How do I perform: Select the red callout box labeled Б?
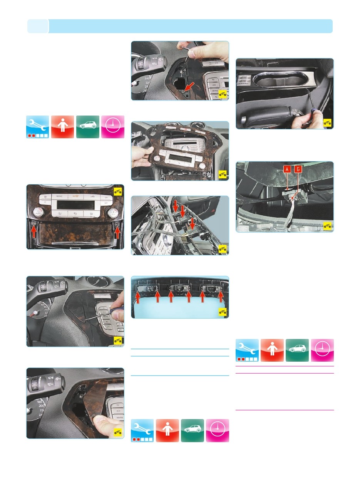(298, 169)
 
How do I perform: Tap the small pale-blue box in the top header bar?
(38, 26)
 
